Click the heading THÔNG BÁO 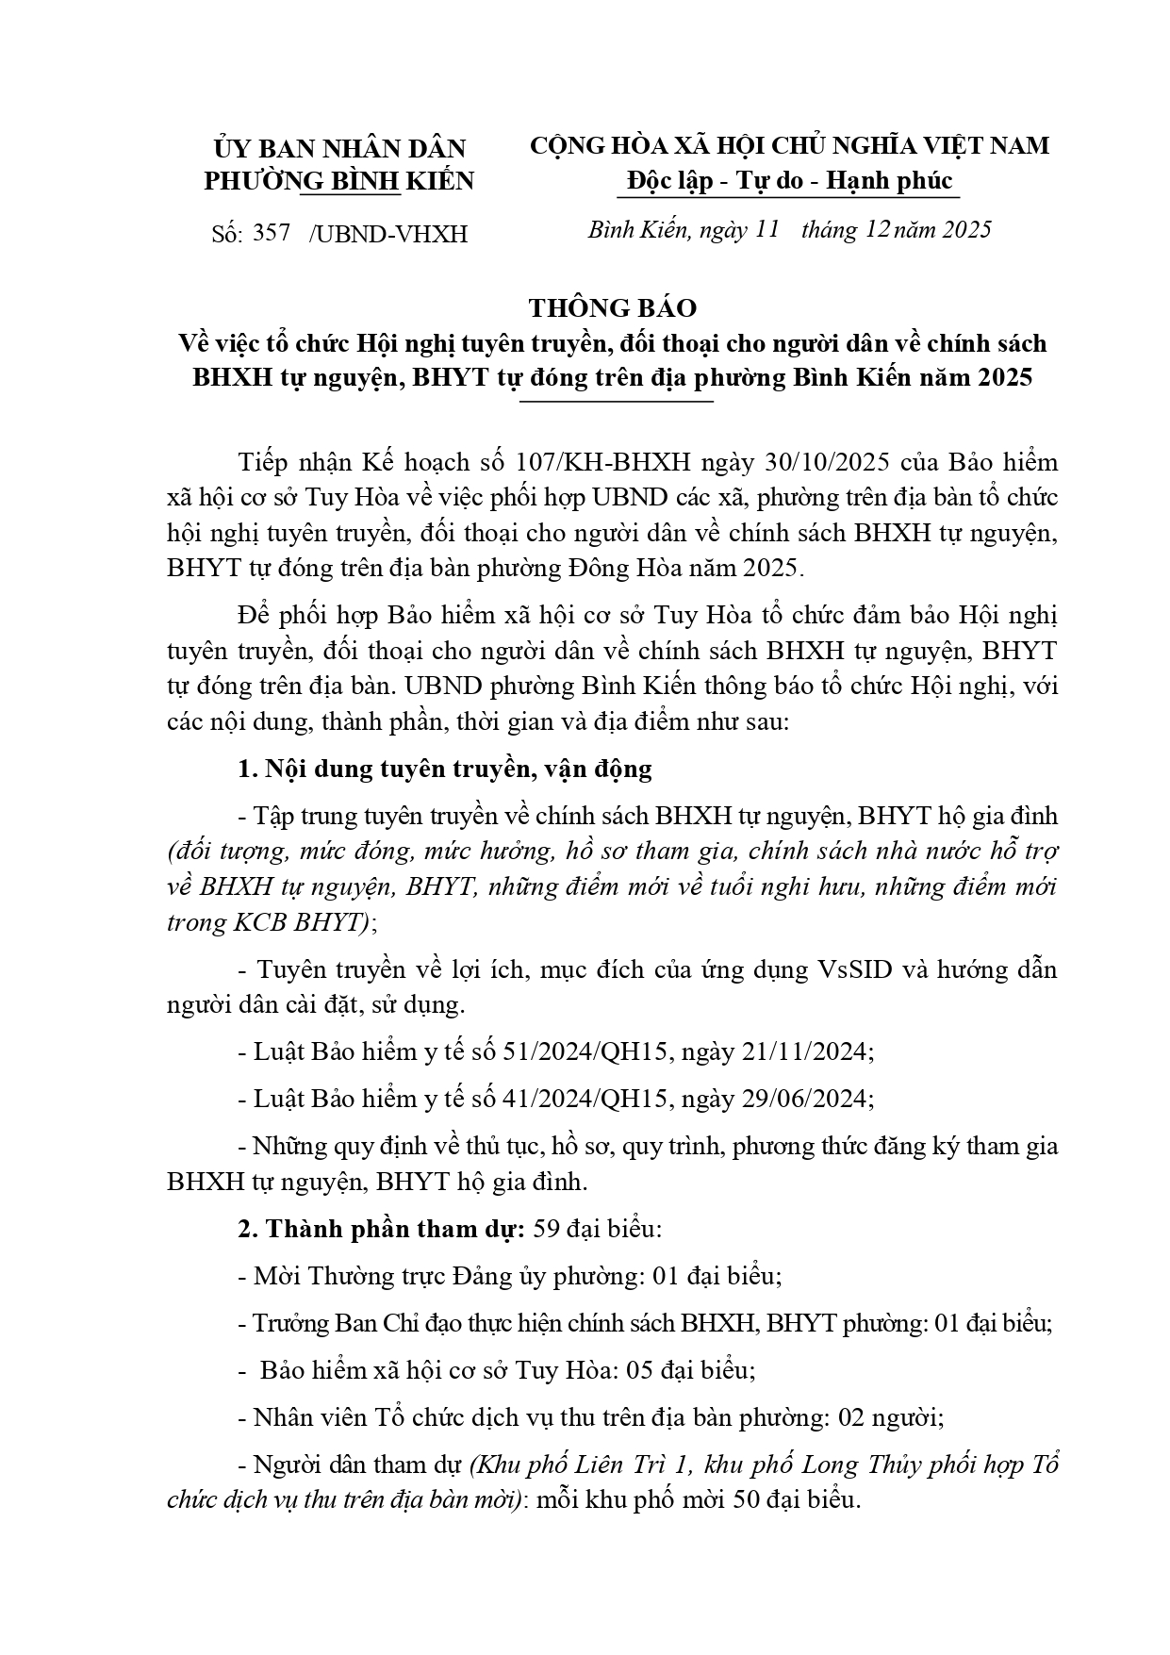612,308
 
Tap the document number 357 272,233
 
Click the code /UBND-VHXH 388,234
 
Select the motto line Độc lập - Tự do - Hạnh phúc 788,180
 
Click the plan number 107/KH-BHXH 604,462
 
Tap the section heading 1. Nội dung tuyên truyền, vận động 445,769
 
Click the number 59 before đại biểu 547,1229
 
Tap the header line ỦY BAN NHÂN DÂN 339,148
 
